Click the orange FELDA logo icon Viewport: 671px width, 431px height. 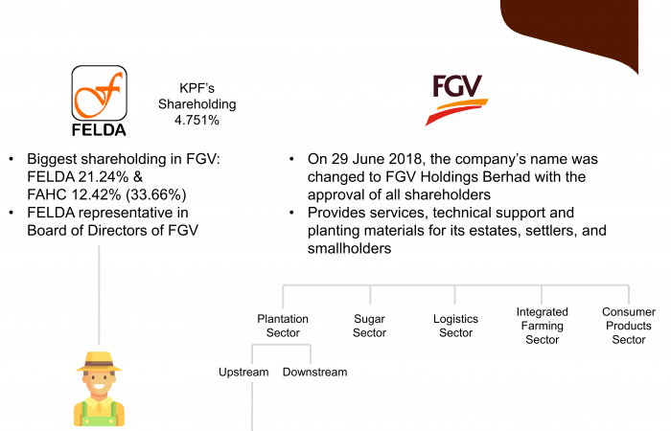pos(100,93)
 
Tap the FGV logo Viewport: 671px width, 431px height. pos(456,100)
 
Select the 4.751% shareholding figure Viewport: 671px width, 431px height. pos(197,120)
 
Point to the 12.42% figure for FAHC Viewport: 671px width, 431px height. pos(96,194)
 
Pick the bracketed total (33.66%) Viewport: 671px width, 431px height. pos(156,194)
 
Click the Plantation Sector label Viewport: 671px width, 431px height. pos(283,326)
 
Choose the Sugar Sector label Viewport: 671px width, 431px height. pos(369,326)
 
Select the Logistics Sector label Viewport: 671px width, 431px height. pos(455,326)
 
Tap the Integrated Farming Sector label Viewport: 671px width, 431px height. pos(543,326)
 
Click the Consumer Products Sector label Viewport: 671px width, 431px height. pos(629,326)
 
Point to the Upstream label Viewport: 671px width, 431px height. pos(243,373)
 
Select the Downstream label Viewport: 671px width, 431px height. pos(315,373)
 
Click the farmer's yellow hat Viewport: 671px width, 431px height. pos(99,362)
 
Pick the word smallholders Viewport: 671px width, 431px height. pos(349,248)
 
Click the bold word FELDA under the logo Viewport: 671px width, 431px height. pos(99,130)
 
